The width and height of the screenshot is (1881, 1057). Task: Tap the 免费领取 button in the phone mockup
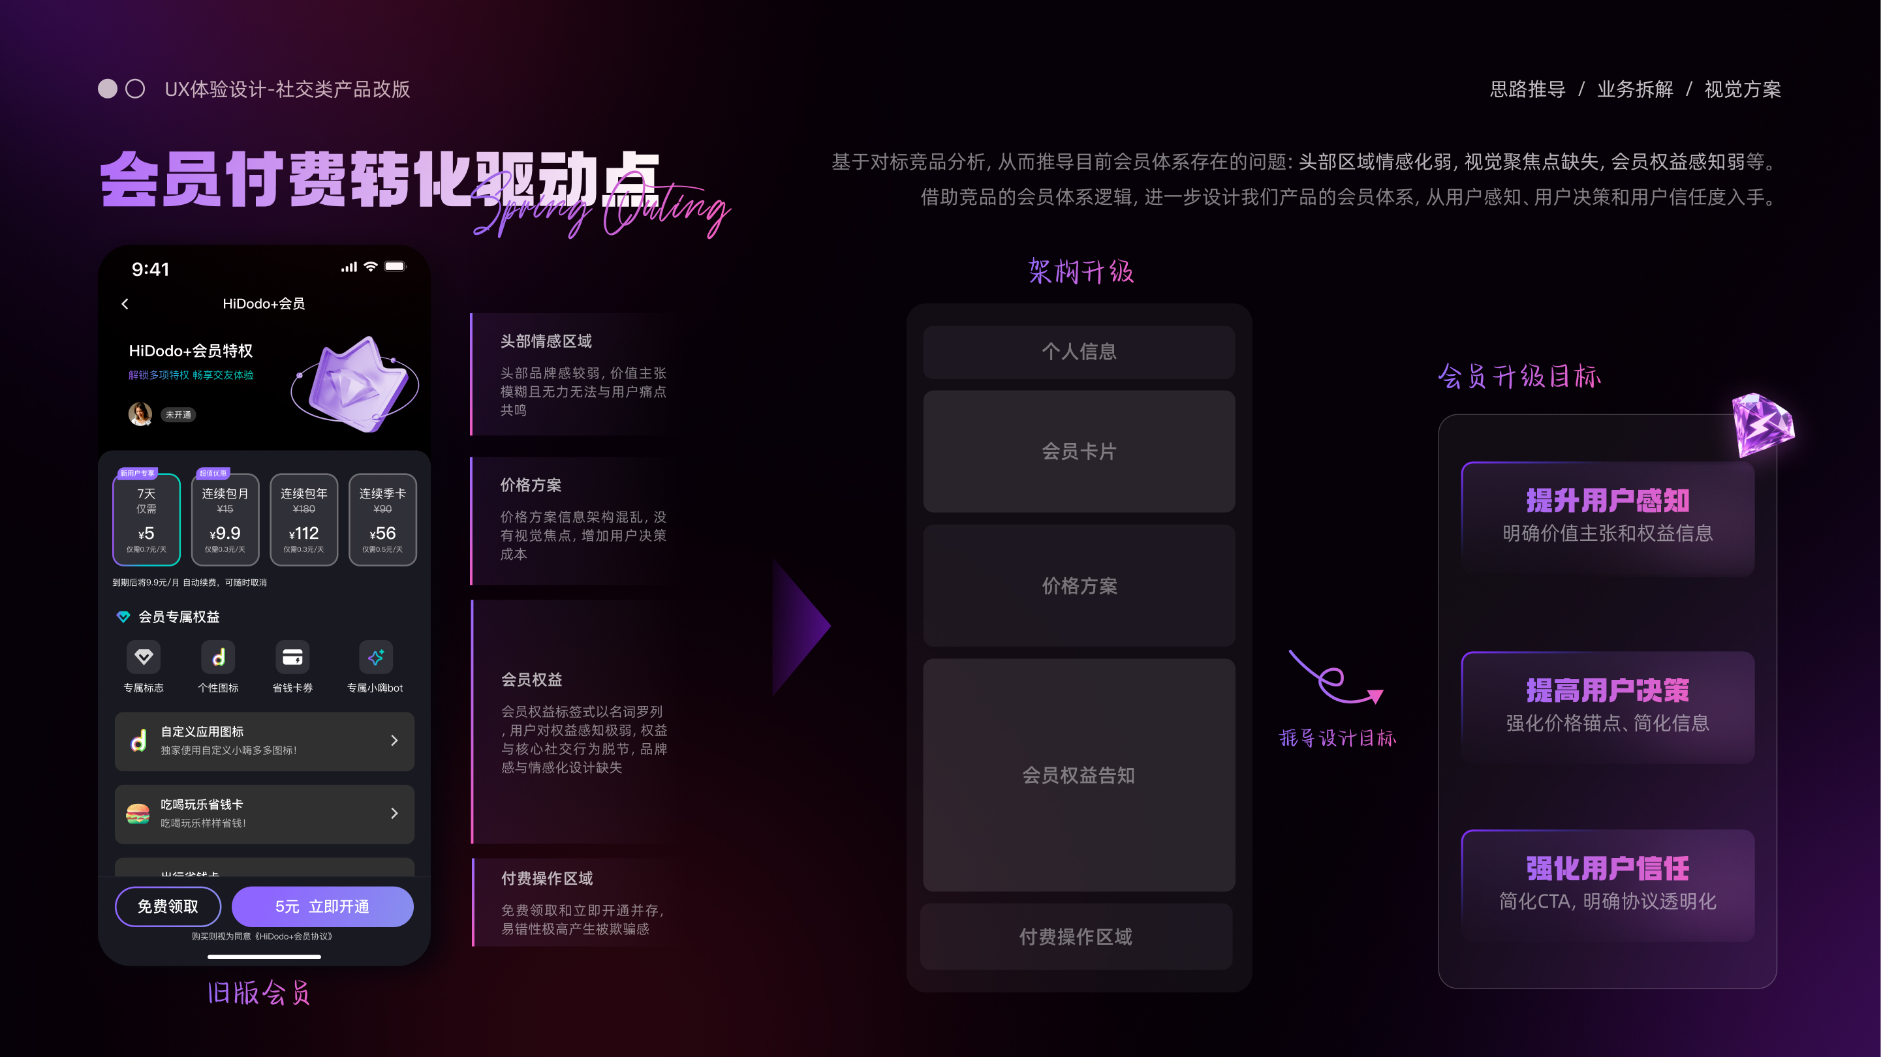pos(168,907)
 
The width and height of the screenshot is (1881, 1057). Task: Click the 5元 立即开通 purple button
pos(322,907)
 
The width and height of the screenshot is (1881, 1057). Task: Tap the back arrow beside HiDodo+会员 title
pos(125,303)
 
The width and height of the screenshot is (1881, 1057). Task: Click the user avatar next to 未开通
pos(140,414)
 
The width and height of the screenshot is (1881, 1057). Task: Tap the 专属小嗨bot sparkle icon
pos(375,658)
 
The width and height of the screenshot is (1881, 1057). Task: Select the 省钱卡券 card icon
pos(292,658)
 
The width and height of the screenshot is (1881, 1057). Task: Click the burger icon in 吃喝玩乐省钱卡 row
pos(138,813)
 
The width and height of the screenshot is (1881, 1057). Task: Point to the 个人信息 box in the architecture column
pos(1078,352)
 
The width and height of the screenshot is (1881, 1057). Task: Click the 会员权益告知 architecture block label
pos(1078,775)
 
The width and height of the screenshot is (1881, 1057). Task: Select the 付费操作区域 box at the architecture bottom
pos(1076,936)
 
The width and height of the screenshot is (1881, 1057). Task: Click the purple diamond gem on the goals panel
pos(1762,424)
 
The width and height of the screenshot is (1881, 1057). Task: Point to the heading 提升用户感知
pos(1607,500)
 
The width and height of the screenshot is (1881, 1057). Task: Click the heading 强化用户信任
pos(1607,868)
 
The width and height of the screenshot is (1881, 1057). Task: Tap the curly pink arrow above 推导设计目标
pos(1335,679)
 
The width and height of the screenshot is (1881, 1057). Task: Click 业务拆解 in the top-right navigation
pos(1635,89)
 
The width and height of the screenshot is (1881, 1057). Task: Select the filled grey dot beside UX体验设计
pos(107,89)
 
